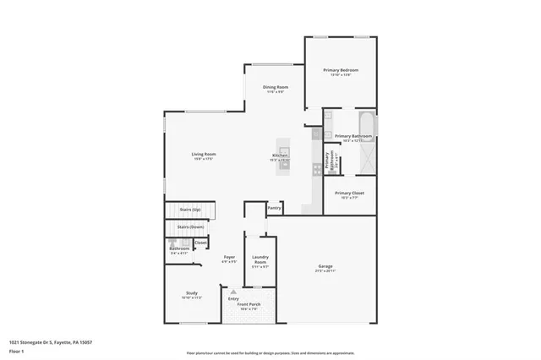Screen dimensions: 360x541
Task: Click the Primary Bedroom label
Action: click(x=344, y=70)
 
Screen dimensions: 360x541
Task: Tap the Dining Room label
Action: click(x=276, y=87)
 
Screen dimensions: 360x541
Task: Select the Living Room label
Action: click(x=204, y=154)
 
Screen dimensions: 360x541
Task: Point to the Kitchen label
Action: click(x=280, y=155)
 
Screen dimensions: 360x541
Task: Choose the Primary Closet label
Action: click(x=349, y=194)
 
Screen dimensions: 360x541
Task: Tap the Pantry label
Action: click(x=274, y=207)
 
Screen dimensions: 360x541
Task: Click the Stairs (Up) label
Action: click(x=190, y=209)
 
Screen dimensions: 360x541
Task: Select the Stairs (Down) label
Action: click(x=190, y=226)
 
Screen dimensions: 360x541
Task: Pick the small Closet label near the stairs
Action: click(x=200, y=243)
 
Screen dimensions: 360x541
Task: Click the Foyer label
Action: click(x=229, y=257)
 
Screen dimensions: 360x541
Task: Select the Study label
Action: click(x=191, y=293)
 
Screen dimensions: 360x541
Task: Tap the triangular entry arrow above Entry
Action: click(x=233, y=292)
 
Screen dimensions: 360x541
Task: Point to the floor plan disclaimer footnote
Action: click(x=270, y=352)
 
